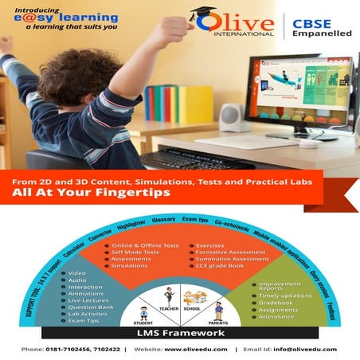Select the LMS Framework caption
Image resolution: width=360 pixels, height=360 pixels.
click(x=178, y=331)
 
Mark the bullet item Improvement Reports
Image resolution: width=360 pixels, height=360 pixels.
click(x=280, y=286)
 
